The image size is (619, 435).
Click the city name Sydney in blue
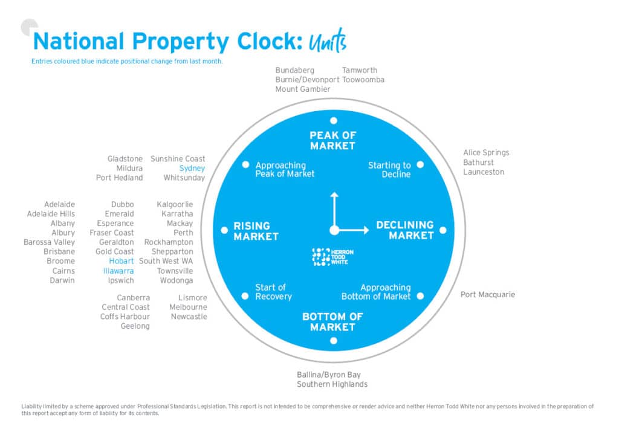tap(192, 169)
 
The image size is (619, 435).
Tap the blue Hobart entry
tap(122, 261)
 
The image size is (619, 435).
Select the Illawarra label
tap(118, 271)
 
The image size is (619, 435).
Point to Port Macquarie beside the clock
tap(487, 295)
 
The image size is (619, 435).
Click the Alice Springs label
tap(486, 153)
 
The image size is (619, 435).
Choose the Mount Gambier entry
tap(303, 89)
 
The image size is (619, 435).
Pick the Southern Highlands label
tap(332, 384)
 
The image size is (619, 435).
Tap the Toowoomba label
tap(363, 80)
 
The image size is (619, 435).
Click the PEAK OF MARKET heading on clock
tap(333, 140)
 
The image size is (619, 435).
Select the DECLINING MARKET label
tap(405, 230)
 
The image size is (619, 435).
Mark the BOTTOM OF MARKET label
tap(333, 321)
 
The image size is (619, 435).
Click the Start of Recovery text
tap(273, 292)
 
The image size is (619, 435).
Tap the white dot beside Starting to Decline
tap(420, 164)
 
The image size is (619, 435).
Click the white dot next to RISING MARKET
tap(224, 230)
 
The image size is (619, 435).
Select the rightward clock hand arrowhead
tap(366, 230)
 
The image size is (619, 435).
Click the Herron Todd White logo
tap(333, 257)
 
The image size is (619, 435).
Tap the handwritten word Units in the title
tap(327, 42)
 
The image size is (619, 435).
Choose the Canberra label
tap(134, 298)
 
